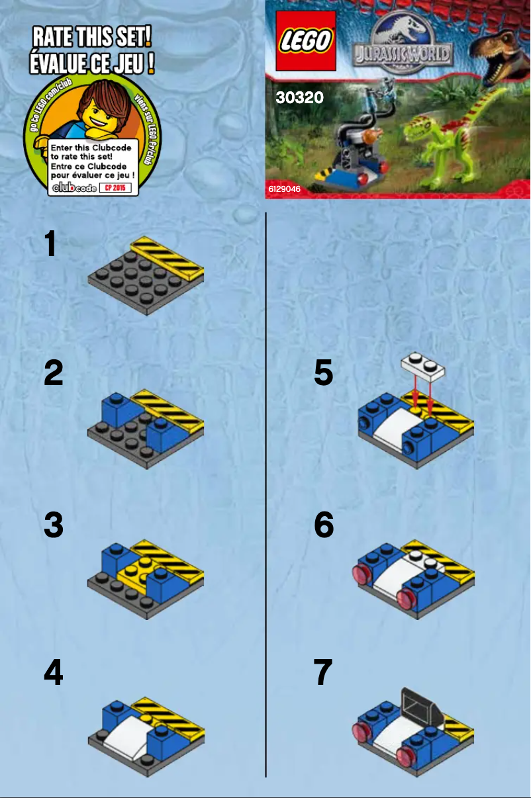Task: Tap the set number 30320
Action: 299,98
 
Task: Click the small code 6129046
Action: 284,189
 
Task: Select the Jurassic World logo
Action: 402,44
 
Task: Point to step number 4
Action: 53,674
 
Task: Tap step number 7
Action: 322,674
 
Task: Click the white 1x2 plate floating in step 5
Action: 422,366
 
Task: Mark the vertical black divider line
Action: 265,496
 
